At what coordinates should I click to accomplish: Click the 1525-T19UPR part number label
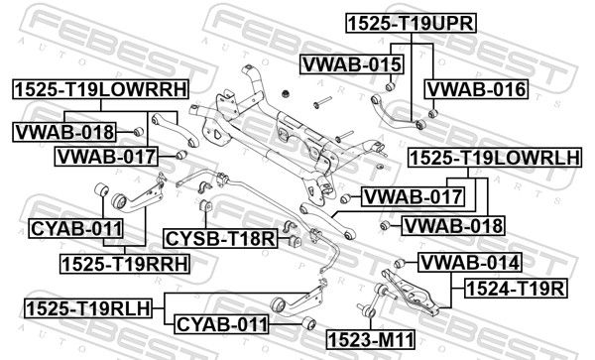click(x=411, y=23)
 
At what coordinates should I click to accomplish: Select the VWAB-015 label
click(x=352, y=64)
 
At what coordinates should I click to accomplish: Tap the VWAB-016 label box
click(x=477, y=89)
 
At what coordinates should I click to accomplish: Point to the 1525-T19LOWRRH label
click(x=100, y=89)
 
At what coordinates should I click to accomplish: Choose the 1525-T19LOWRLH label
click(x=495, y=158)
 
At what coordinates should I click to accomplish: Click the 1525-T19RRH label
click(x=125, y=264)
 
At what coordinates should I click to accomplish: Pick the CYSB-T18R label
click(x=220, y=239)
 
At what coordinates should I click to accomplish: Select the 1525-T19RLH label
click(x=88, y=308)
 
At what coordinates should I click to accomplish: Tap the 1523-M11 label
click(x=371, y=339)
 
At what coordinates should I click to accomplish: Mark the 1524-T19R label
click(x=516, y=289)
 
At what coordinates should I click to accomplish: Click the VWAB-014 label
click(x=470, y=263)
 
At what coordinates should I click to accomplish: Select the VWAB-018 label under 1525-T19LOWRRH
click(x=64, y=132)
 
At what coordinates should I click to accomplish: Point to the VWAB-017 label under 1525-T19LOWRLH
click(x=413, y=197)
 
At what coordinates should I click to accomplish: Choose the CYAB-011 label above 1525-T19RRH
click(x=76, y=229)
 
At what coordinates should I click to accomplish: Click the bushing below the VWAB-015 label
click(x=391, y=87)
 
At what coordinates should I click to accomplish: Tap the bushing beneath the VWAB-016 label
click(x=433, y=113)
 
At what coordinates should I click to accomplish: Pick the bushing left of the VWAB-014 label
click(x=400, y=263)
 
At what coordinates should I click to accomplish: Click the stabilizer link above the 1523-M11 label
click(x=374, y=300)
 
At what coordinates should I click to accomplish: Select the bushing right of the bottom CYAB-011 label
click(x=309, y=324)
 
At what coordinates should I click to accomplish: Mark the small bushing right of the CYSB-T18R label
click(x=295, y=241)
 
